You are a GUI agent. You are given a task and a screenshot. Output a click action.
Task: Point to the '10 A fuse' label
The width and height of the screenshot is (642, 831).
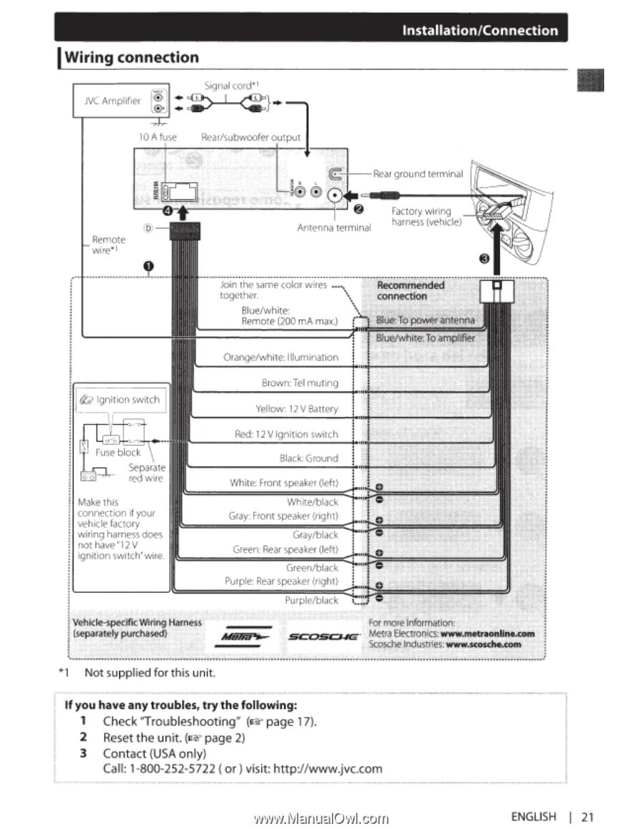pos(158,136)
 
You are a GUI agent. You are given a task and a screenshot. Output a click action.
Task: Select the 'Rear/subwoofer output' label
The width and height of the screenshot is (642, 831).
pos(251,136)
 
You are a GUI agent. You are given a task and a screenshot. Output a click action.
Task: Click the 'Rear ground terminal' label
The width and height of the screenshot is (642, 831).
pos(419,173)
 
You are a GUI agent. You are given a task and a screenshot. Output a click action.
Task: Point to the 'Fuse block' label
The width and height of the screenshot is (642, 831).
pos(119,452)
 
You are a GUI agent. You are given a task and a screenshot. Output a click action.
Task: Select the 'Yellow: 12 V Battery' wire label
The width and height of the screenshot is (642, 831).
pos(297,409)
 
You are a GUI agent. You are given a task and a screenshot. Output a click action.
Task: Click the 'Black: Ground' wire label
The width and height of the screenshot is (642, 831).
pos(309,458)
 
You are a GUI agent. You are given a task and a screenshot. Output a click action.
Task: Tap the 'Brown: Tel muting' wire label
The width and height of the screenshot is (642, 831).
pos(300,383)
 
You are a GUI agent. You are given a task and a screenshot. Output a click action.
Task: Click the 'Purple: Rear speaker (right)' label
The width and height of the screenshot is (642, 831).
pos(281,582)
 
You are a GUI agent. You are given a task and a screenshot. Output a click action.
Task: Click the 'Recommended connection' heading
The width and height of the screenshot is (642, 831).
pos(411,290)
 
